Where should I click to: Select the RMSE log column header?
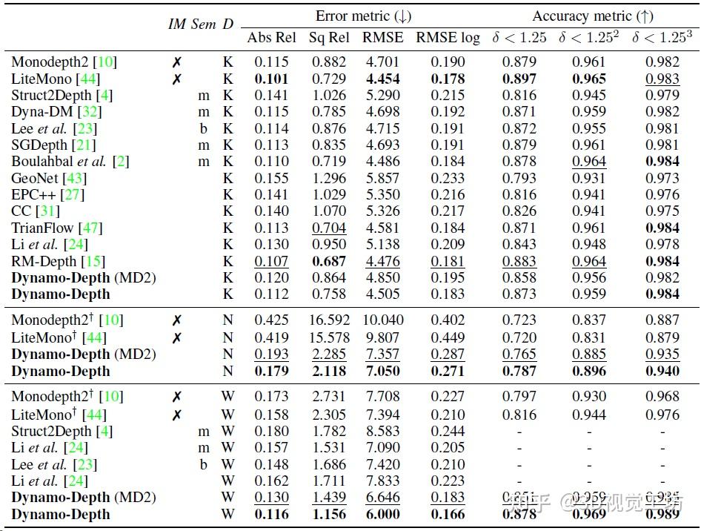pos(448,38)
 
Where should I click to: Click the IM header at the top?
pos(176,24)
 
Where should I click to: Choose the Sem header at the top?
pos(203,24)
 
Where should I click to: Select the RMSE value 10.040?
pos(382,320)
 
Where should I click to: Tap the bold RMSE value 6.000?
pos(382,515)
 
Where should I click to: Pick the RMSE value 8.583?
pos(382,431)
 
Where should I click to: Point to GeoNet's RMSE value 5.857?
pos(382,178)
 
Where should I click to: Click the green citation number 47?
pos(91,228)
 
